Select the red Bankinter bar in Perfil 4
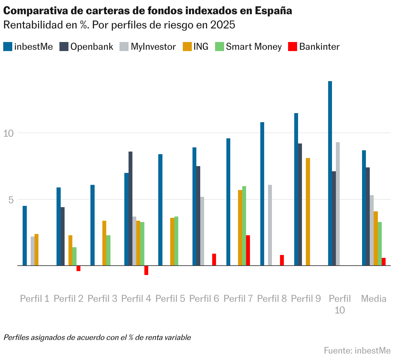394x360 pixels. pyautogui.click(x=146, y=270)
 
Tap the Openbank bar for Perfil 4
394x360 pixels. pyautogui.click(x=130, y=208)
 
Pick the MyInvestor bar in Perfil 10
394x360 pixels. pyautogui.click(x=338, y=204)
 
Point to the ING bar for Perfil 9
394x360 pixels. pyautogui.click(x=308, y=212)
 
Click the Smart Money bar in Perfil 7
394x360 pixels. pyautogui.click(x=244, y=226)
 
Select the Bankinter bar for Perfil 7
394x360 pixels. pyautogui.click(x=248, y=250)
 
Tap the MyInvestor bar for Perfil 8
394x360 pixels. pyautogui.click(x=270, y=225)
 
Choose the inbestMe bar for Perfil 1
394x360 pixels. pyautogui.click(x=25, y=236)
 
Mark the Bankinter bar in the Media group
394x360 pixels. pyautogui.click(x=384, y=262)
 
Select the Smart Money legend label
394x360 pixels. pyautogui.click(x=254, y=47)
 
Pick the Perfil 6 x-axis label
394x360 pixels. pyautogui.click(x=204, y=299)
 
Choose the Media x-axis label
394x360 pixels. pyautogui.click(x=374, y=299)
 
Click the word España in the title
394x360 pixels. pyautogui.click(x=273, y=11)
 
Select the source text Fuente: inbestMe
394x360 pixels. pyautogui.click(x=357, y=351)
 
